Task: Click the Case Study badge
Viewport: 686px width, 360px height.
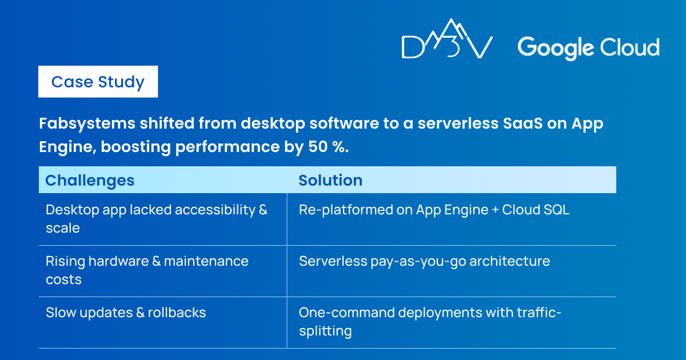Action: tap(98, 82)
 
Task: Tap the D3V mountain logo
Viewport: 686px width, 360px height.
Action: tap(447, 39)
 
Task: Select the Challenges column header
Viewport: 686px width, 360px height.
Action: tap(90, 181)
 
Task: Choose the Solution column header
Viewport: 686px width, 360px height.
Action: tap(330, 180)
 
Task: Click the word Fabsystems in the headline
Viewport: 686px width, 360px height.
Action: tap(87, 124)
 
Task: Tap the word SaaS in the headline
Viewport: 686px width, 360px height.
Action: tap(523, 123)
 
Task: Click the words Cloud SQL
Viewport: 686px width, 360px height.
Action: tap(536, 210)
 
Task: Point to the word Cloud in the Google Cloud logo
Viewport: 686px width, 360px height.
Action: tap(629, 47)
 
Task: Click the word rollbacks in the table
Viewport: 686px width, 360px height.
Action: tap(177, 313)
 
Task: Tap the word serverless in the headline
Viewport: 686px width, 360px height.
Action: tap(458, 123)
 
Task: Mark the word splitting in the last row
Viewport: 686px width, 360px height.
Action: tap(325, 331)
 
